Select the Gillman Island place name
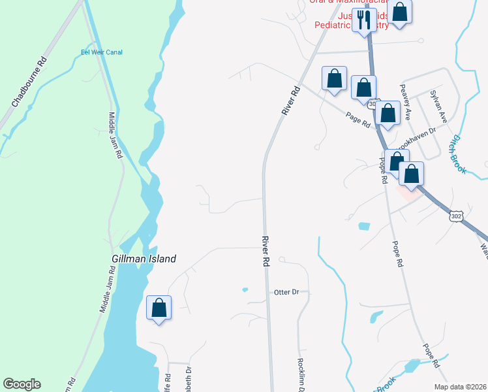pyautogui.click(x=144, y=259)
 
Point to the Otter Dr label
pyautogui.click(x=286, y=292)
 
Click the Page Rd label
pyautogui.click(x=358, y=118)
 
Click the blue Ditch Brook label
pyautogui.click(x=456, y=154)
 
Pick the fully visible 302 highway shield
pyautogui.click(x=456, y=215)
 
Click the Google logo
pyautogui.click(x=22, y=384)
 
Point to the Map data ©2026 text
pyautogui.click(x=459, y=387)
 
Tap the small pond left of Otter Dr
pyautogui.click(x=245, y=289)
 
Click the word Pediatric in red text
pyautogui.click(x=333, y=25)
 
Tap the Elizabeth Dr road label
pyautogui.click(x=189, y=379)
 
